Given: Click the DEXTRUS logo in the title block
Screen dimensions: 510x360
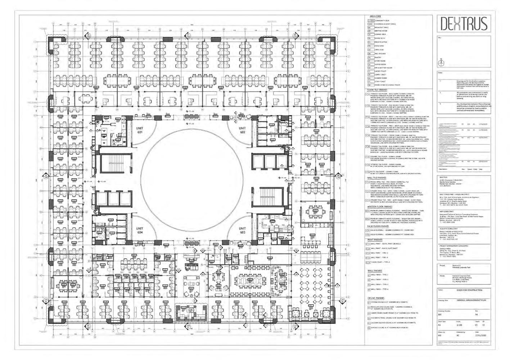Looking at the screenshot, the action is pyautogui.click(x=462, y=24).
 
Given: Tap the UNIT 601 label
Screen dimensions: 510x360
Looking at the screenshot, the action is pyautogui.click(x=140, y=130).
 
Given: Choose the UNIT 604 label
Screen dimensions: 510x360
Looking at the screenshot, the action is pyautogui.click(x=140, y=231).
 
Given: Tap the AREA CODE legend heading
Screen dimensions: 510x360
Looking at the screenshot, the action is pyautogui.click(x=375, y=17).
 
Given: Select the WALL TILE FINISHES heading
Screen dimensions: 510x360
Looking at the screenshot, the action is pyautogui.click(x=377, y=178).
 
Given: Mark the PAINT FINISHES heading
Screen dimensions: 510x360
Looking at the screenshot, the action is pyautogui.click(x=375, y=239).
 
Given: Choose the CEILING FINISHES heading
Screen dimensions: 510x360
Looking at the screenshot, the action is pyautogui.click(x=376, y=298).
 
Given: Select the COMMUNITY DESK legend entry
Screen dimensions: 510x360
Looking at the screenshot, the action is pyautogui.click(x=382, y=21).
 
